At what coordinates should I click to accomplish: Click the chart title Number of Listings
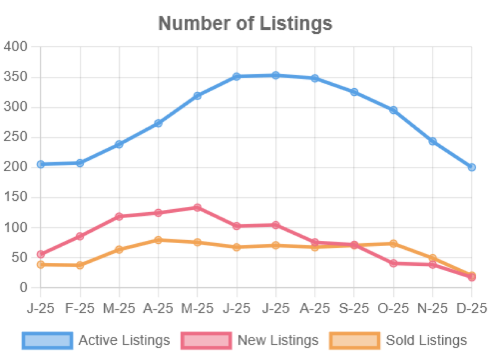245,23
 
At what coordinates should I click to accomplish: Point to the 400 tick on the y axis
15,46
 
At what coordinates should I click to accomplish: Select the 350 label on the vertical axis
15,77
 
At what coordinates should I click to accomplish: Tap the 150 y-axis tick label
15,197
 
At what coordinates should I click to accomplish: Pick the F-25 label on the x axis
80,308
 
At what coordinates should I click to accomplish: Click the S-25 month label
354,308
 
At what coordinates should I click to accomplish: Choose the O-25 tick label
393,308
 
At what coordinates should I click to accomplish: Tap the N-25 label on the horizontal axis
433,308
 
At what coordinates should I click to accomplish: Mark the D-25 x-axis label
472,308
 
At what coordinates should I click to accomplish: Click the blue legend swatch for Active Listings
47,340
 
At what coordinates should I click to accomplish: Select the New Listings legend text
278,340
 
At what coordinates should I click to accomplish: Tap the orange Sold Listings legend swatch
355,340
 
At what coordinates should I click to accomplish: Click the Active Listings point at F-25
80,163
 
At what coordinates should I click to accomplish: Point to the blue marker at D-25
472,167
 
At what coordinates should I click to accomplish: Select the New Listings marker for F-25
80,237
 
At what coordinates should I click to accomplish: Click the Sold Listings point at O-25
393,243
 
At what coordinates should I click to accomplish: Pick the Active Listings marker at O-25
393,110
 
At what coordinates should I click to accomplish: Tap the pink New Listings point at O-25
393,263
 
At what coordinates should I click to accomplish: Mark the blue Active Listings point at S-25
354,92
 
